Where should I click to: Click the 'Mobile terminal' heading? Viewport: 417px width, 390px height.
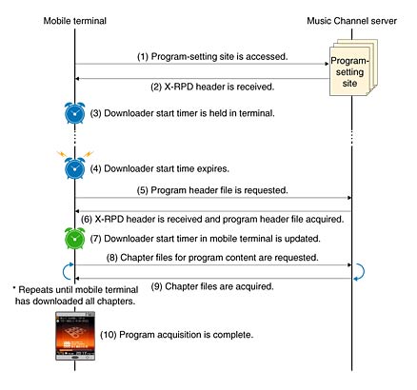click(75, 21)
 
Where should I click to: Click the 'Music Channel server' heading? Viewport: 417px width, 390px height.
click(351, 21)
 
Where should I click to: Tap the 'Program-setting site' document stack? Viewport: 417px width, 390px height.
click(353, 68)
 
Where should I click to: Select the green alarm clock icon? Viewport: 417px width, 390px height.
click(74, 239)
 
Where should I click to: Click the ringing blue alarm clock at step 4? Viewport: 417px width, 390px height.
click(74, 167)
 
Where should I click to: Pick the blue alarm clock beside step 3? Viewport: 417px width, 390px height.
click(75, 113)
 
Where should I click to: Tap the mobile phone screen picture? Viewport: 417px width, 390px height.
click(75, 336)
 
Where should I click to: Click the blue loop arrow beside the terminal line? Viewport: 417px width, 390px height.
click(65, 272)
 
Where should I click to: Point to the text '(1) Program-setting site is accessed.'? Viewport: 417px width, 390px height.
click(212, 56)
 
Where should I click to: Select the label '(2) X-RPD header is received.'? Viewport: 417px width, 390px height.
click(212, 87)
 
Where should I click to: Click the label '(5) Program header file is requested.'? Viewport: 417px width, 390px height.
click(212, 190)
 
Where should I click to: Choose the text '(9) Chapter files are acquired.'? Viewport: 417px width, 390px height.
click(212, 286)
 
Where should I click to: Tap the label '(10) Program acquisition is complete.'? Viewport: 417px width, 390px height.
click(177, 335)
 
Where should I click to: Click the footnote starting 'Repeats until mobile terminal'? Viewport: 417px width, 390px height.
click(75, 295)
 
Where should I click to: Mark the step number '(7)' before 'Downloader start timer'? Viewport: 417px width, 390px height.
click(95, 239)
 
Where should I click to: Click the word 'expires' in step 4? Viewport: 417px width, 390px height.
click(213, 168)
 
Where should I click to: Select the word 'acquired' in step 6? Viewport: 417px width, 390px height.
click(324, 219)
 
